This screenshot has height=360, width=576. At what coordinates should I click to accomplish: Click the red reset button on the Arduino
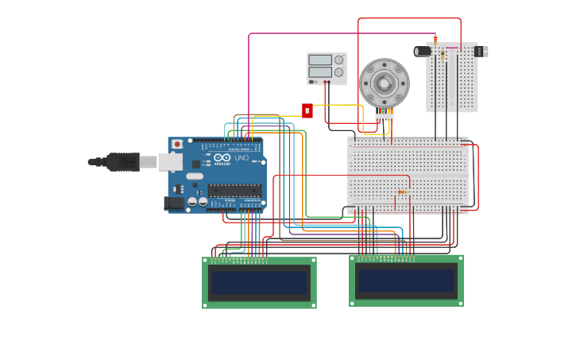coord(177,145)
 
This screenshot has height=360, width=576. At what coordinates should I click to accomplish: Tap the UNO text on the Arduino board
coord(242,158)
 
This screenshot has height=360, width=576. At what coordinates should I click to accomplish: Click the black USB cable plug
coord(122,162)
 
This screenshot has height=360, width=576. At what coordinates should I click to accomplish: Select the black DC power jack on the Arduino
coord(173,203)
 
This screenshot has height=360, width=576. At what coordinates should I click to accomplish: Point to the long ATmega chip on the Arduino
coord(234,190)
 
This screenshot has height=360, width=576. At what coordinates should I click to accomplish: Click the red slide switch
coord(307,110)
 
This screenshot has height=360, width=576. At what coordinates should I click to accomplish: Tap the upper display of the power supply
coord(320,60)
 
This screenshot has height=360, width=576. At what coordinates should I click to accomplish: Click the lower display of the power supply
coord(320,72)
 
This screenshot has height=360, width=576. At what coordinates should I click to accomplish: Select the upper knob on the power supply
coord(339,60)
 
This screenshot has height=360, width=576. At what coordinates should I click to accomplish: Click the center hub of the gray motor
coord(385,83)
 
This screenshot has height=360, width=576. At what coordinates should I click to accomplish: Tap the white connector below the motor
coord(385,117)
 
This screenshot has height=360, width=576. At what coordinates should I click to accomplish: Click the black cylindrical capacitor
coord(423,51)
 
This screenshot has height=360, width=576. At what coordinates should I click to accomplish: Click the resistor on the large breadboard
coord(402,192)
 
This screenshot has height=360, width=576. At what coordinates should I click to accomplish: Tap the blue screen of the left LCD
coord(259,283)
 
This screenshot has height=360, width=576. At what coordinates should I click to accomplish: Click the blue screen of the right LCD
coord(406,281)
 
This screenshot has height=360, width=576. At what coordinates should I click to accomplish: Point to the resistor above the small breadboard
coord(435,39)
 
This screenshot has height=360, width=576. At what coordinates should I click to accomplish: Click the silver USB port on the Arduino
coord(170,162)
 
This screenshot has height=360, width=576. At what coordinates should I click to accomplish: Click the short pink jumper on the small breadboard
coord(451,48)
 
